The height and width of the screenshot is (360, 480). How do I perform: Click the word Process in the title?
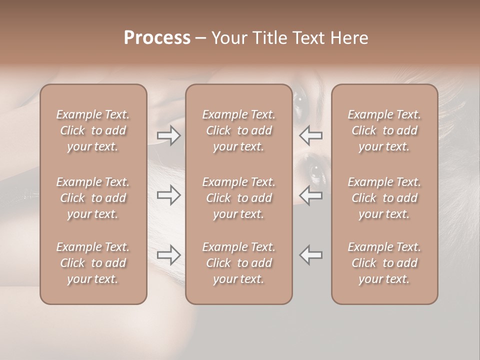157,38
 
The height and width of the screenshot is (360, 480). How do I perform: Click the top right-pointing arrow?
169,135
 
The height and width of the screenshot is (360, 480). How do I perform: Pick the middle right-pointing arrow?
169,195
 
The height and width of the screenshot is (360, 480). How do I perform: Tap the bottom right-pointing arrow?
169,255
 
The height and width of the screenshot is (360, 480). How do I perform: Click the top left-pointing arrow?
311,135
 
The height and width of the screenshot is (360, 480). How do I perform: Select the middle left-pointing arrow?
311,195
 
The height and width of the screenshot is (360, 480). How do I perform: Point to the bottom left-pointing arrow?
311,255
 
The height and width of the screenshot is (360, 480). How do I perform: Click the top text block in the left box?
93,130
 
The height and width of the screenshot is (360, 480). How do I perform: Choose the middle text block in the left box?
93,198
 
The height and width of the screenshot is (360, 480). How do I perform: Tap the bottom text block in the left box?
93,263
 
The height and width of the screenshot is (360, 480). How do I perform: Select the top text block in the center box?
239,130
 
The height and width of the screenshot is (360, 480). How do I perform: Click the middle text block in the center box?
239,198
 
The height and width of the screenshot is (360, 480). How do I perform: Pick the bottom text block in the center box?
239,263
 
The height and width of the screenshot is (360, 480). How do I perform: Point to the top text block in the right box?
384,130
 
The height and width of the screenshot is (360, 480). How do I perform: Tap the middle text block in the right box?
384,198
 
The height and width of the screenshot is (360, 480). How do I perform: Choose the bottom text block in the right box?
384,263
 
